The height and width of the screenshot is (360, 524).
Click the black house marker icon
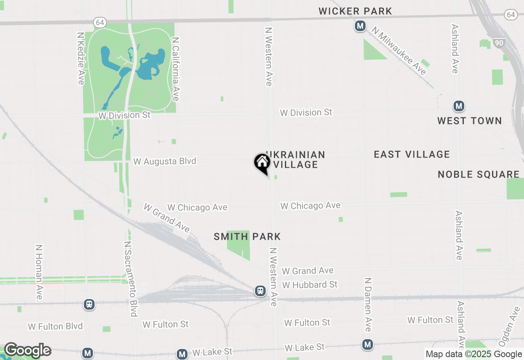tap(262, 163)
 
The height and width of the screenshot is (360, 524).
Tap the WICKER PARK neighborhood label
tap(355, 11)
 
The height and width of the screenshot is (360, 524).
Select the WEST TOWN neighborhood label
tap(469, 121)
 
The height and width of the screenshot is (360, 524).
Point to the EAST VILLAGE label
tap(411, 154)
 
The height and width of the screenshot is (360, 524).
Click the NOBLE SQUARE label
tap(479, 174)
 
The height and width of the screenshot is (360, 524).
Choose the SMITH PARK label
tap(247, 236)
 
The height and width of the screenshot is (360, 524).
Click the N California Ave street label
tap(176, 69)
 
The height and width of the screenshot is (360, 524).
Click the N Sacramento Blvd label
tap(130, 279)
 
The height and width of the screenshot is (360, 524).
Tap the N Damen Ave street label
tap(368, 304)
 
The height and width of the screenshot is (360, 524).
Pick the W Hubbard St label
tap(310, 284)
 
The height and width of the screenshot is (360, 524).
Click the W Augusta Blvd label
tap(165, 161)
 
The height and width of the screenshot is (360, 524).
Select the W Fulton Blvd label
tap(55, 326)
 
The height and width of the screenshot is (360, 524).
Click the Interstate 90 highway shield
tap(499, 43)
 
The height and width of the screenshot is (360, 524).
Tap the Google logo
tap(27, 350)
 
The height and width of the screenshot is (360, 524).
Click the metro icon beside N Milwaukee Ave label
tap(360, 26)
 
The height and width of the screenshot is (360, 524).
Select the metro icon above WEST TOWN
tap(459, 106)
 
